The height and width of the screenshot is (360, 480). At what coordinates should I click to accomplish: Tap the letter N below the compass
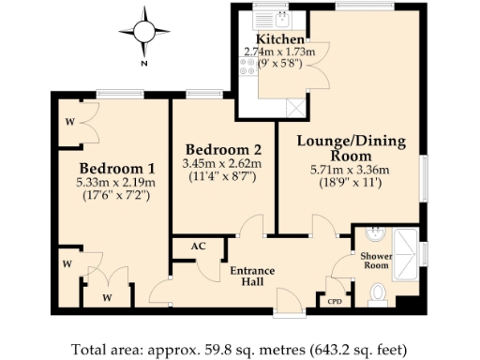pyautogui.click(x=143, y=64)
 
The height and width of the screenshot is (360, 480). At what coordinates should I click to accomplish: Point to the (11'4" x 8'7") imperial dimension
pyautogui.click(x=223, y=176)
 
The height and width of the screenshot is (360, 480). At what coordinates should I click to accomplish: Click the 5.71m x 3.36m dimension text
pyautogui.click(x=352, y=172)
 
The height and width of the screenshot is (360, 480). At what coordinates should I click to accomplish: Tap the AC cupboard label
pyautogui.click(x=198, y=246)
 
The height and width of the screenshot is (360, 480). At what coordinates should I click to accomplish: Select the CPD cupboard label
pyautogui.click(x=334, y=302)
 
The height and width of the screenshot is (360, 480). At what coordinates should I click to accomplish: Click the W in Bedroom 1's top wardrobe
pyautogui.click(x=70, y=121)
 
